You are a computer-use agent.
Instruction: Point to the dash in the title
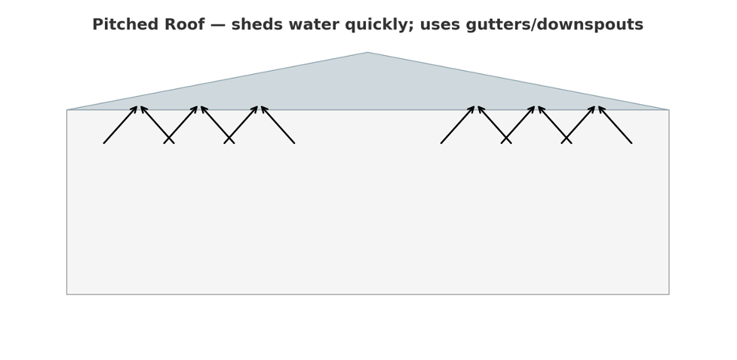point(218,25)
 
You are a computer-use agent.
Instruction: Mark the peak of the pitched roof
point(368,52)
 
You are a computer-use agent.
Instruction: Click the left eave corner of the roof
point(67,110)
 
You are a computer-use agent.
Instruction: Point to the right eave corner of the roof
point(669,110)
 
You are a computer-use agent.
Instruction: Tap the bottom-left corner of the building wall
point(67,294)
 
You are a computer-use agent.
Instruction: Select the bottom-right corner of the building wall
point(669,294)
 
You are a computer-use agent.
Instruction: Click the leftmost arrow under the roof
point(121,125)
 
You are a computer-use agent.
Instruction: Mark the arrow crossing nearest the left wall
point(169,138)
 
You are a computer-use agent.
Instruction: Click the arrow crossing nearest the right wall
point(567,138)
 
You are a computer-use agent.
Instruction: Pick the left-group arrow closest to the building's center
point(278,125)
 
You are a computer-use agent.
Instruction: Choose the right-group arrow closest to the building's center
point(458,125)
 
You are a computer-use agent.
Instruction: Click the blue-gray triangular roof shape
point(368,89)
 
